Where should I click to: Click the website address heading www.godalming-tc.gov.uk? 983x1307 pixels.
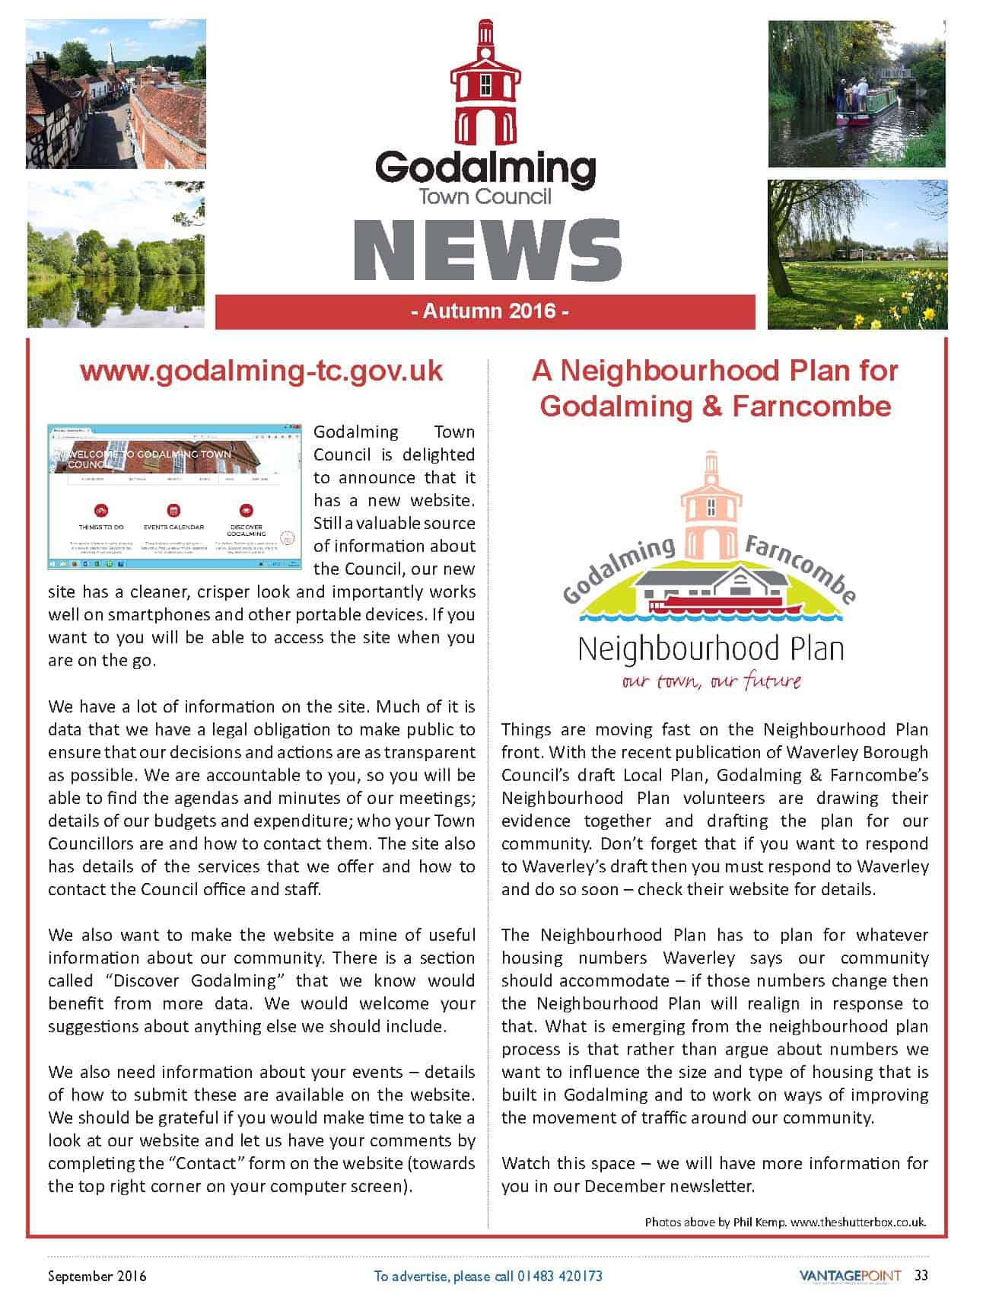point(261,371)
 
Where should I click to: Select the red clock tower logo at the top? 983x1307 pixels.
point(485,84)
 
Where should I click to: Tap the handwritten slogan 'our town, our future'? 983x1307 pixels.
point(711,681)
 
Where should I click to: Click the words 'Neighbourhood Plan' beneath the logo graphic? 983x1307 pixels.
point(711,649)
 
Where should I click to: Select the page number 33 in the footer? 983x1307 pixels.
point(921,1275)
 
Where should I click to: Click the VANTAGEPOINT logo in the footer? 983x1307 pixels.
point(850,1275)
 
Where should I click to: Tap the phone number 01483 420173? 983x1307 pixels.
point(559,1276)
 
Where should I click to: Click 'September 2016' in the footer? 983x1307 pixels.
point(97,1276)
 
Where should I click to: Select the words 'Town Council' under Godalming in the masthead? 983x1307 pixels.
point(485,196)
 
